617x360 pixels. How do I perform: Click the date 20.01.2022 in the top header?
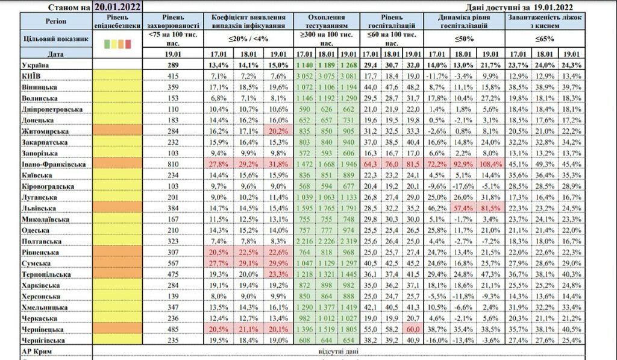(x=118, y=7)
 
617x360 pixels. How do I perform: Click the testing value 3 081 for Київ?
(x=350, y=75)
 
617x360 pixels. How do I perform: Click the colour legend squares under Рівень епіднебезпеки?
(x=117, y=43)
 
